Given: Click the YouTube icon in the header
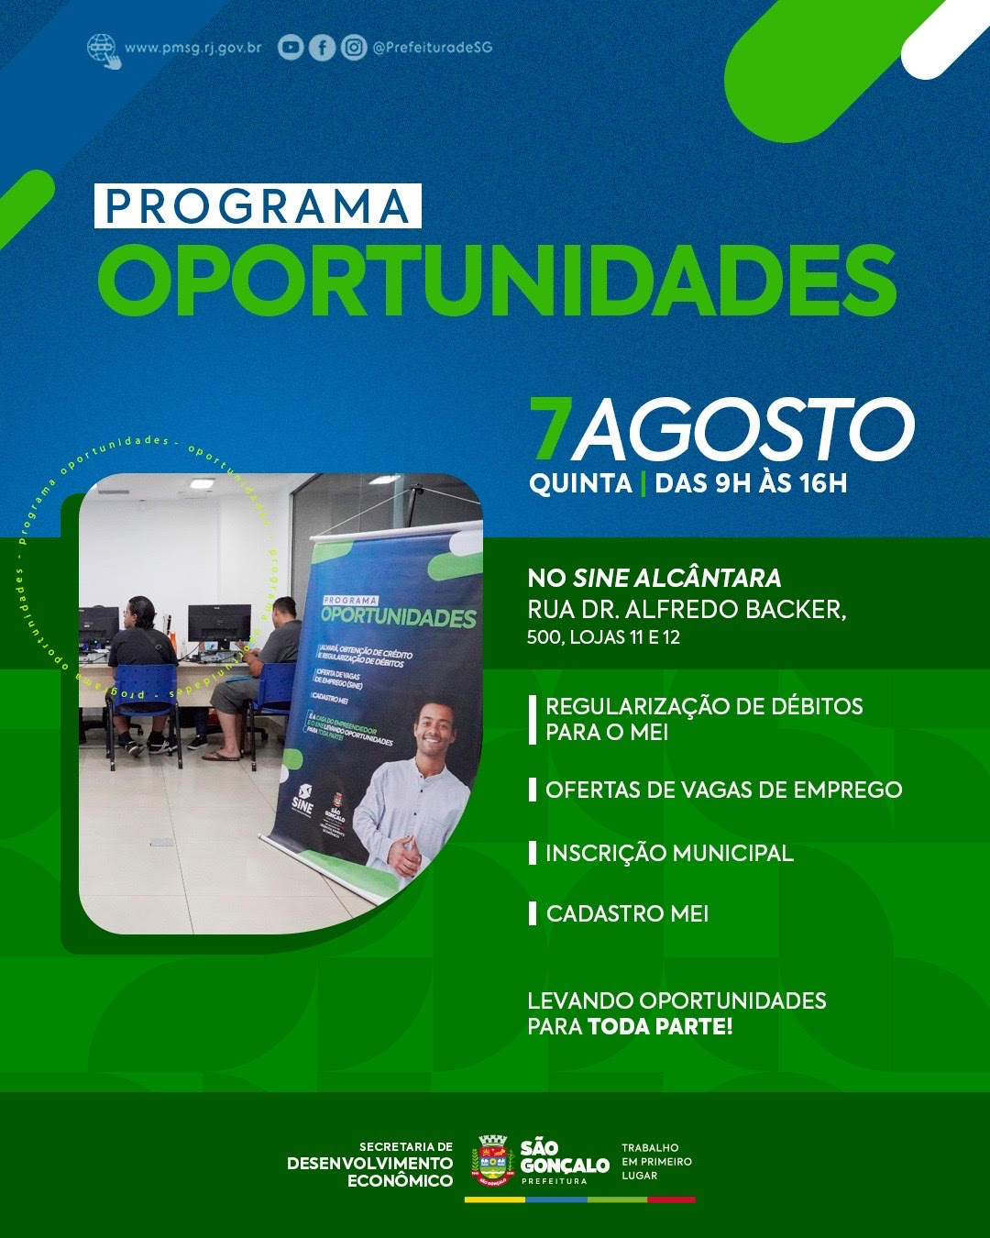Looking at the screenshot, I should (291, 48).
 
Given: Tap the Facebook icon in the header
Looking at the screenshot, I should (322, 48).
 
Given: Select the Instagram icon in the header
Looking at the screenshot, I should (354, 48).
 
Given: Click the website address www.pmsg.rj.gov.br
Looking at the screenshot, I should (192, 48).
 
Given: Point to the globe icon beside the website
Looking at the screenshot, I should (103, 50).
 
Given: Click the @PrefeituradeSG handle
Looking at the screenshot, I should (432, 48).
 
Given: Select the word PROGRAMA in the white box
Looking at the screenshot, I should (258, 206).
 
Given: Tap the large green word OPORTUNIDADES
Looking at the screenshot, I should (496, 282).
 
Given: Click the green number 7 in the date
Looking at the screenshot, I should (550, 430).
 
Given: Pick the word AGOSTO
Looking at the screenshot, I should (742, 430).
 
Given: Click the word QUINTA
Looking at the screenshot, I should (580, 483).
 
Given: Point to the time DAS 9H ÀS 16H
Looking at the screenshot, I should (751, 483).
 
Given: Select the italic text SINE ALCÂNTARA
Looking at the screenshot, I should (676, 578).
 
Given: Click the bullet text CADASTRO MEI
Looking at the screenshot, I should (627, 913).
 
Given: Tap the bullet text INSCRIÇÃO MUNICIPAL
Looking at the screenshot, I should (669, 853).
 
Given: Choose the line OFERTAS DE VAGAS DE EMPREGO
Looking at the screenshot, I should (723, 790).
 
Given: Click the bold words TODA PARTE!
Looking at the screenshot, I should (660, 1026).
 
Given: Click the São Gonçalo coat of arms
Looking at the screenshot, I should (492, 1161).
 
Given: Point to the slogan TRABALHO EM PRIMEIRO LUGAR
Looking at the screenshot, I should (656, 1161).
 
